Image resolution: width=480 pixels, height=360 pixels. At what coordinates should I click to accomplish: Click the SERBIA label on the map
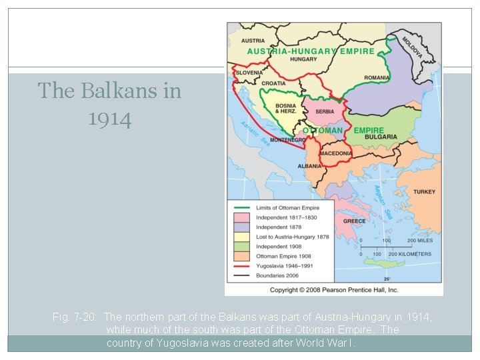click(325, 112)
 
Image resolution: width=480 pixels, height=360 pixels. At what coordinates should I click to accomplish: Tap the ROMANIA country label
click(377, 78)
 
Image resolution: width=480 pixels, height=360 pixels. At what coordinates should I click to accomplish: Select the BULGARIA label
click(381, 137)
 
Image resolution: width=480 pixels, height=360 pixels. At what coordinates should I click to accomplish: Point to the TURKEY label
click(424, 192)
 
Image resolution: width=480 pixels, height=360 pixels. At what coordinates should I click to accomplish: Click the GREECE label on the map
click(354, 221)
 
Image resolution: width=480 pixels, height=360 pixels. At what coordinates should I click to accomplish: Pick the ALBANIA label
click(309, 166)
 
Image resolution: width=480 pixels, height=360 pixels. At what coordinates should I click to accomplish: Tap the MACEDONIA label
click(335, 153)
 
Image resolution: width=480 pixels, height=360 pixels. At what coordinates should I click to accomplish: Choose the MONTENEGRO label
click(288, 140)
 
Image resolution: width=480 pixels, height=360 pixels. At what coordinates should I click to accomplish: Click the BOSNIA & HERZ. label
click(285, 108)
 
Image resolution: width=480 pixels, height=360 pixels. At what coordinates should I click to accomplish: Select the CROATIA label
click(274, 83)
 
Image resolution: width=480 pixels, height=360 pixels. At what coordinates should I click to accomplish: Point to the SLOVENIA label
click(249, 73)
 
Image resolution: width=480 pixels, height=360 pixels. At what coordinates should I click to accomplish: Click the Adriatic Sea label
click(255, 136)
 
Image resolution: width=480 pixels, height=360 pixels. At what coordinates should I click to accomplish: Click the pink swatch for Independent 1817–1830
click(240, 217)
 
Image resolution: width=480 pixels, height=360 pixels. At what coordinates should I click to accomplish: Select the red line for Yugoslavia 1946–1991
click(240, 265)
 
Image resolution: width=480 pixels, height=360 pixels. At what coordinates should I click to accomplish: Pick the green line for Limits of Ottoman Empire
click(240, 208)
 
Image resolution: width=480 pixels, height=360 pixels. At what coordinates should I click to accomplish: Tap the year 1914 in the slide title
click(109, 119)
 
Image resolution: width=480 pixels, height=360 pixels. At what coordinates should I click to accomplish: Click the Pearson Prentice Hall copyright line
click(333, 290)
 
